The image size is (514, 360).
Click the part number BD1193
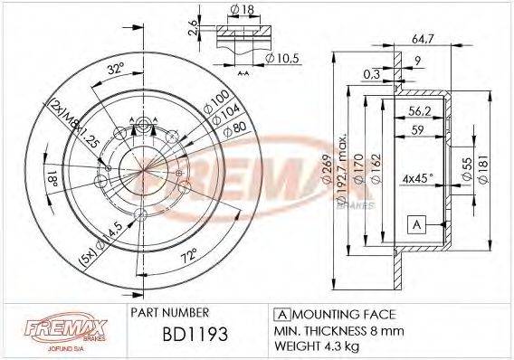tap(193, 335)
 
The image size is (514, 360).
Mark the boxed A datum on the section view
tap(417, 223)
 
